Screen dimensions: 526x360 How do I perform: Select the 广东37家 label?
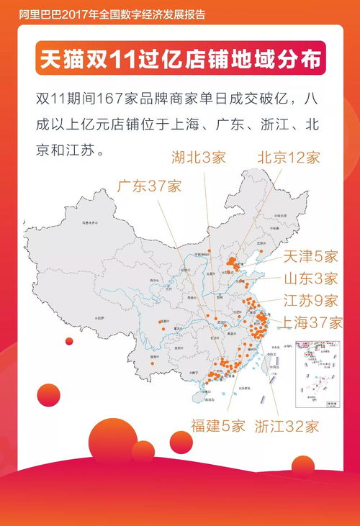tap(149, 186)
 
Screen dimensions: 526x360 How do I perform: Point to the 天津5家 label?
tap(310, 256)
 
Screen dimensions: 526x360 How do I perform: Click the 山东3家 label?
tap(310, 278)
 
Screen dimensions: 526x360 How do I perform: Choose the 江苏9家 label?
tap(310, 300)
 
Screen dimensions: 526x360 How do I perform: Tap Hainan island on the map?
tap(197, 395)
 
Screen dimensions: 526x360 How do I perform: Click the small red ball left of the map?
tap(70, 340)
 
